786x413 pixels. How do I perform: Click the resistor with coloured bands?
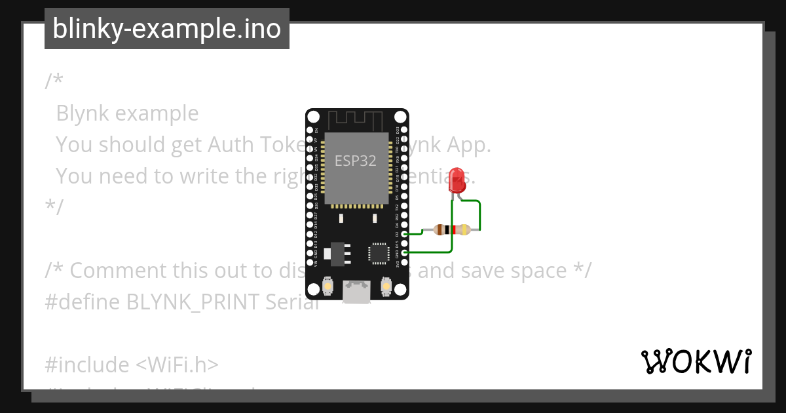(453, 229)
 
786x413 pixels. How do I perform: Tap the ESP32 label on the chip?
(355, 161)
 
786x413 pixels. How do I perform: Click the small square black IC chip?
(379, 254)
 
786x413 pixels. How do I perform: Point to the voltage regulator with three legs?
(336, 253)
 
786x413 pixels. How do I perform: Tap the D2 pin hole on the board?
(404, 234)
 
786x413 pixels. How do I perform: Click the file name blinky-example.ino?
(166, 29)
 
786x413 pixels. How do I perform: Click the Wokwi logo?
(696, 362)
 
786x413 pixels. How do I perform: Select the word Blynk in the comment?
(83, 113)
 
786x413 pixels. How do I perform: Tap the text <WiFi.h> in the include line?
(178, 364)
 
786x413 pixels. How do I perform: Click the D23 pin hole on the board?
(404, 130)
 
